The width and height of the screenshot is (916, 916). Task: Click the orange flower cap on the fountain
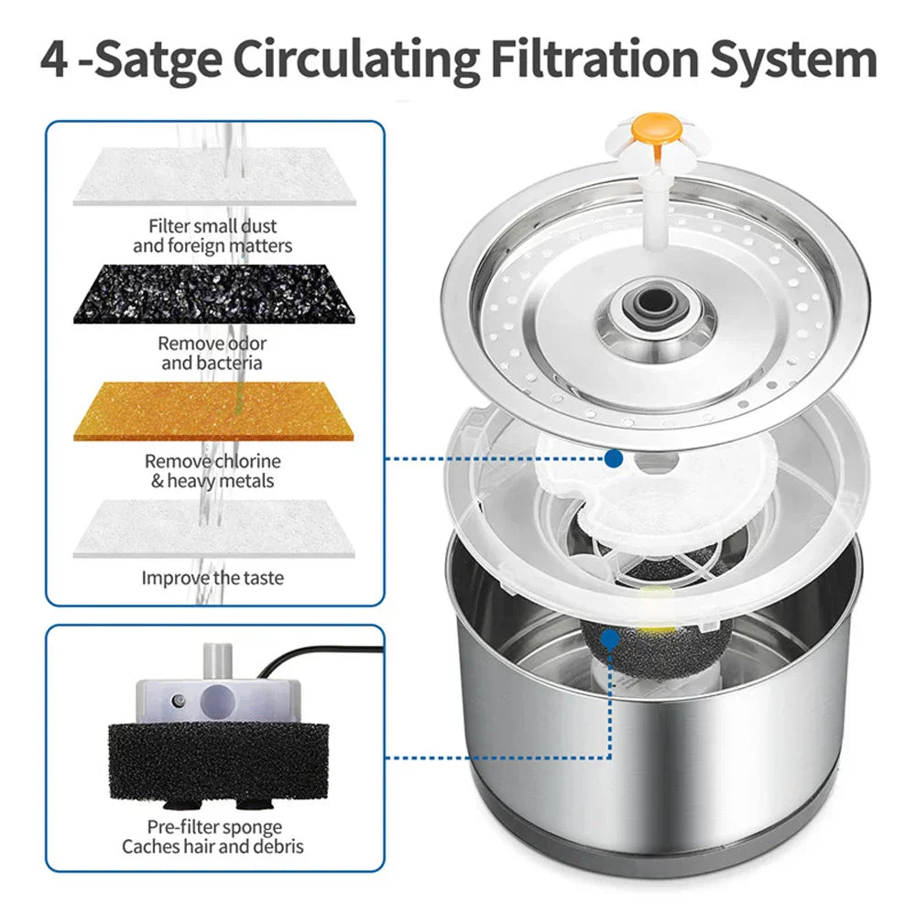(656, 129)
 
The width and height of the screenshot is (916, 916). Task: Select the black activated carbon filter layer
(213, 292)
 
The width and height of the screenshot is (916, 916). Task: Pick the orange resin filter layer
(213, 411)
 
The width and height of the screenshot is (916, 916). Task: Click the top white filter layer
(213, 177)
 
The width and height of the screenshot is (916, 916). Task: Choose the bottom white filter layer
(213, 527)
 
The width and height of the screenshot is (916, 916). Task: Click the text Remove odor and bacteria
(212, 353)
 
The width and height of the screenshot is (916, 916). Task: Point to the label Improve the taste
(213, 578)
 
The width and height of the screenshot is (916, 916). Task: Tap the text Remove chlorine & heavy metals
(213, 471)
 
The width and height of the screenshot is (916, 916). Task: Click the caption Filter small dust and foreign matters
(213, 235)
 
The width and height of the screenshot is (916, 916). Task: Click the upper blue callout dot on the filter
(614, 457)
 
